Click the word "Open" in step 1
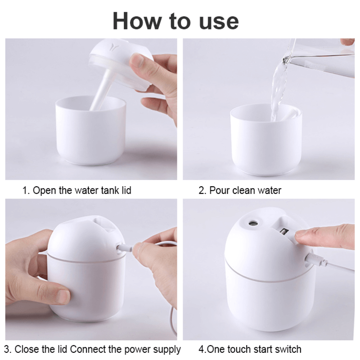[x=45, y=190]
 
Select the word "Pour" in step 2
[x=220, y=190]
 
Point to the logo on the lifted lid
[x=111, y=45]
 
